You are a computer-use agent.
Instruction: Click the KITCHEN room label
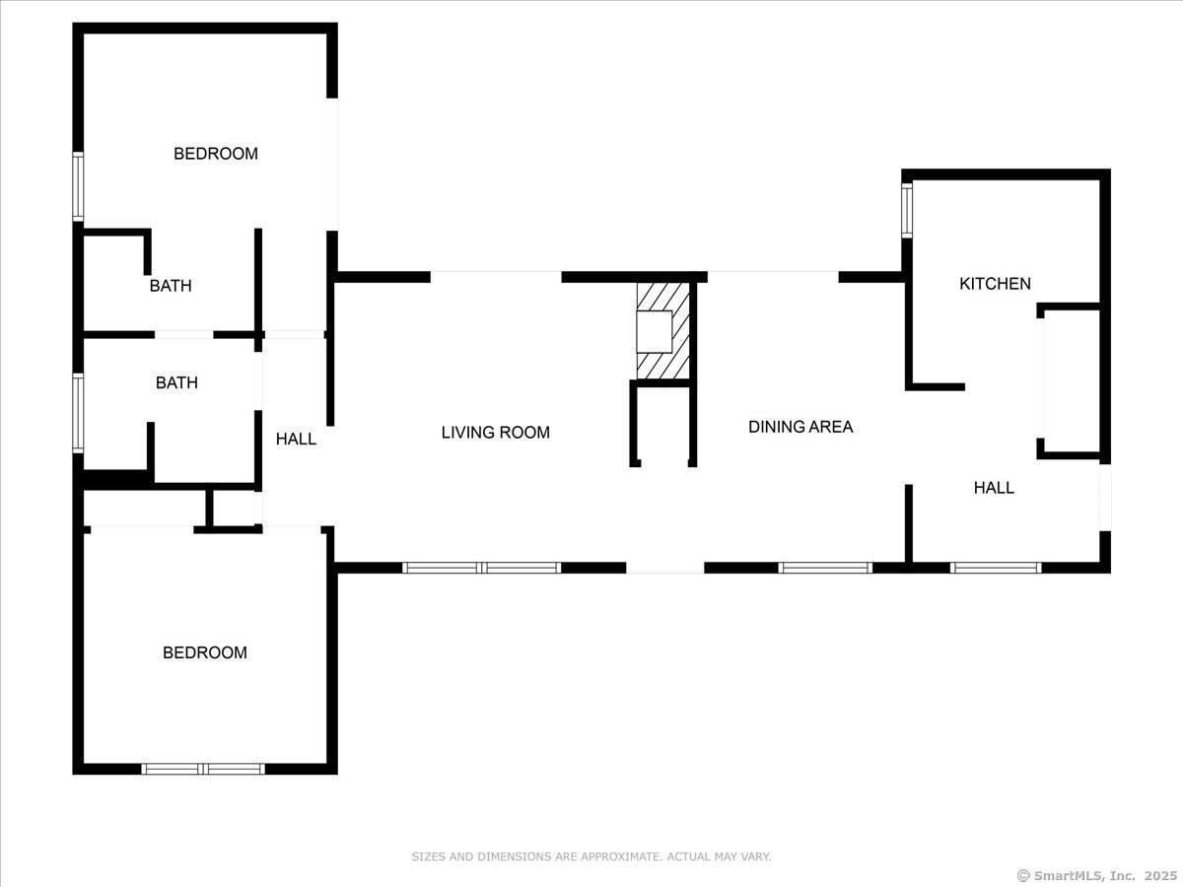click(x=995, y=284)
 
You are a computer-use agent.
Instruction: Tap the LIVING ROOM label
click(x=495, y=433)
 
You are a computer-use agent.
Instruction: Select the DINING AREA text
click(x=800, y=427)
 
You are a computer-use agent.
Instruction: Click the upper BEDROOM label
click(x=216, y=154)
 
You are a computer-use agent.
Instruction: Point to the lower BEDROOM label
click(x=205, y=652)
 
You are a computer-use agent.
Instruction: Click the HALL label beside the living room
click(x=296, y=440)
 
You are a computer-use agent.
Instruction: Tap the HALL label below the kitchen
click(x=994, y=488)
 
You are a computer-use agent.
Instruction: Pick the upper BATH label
click(x=171, y=286)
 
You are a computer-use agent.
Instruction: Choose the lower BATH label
click(x=176, y=383)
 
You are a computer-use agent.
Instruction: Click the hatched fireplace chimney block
click(x=662, y=331)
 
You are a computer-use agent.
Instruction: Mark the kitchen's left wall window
click(x=907, y=211)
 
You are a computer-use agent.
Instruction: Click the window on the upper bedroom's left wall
click(x=78, y=187)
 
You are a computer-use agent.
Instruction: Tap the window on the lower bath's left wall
click(x=78, y=413)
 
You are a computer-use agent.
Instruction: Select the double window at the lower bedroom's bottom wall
click(x=203, y=769)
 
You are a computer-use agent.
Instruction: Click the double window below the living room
click(x=482, y=568)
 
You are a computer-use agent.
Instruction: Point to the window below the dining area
click(x=825, y=568)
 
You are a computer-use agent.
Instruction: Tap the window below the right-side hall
click(x=996, y=568)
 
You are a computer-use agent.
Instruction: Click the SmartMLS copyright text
click(x=1097, y=876)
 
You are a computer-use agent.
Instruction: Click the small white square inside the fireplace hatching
click(x=655, y=331)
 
